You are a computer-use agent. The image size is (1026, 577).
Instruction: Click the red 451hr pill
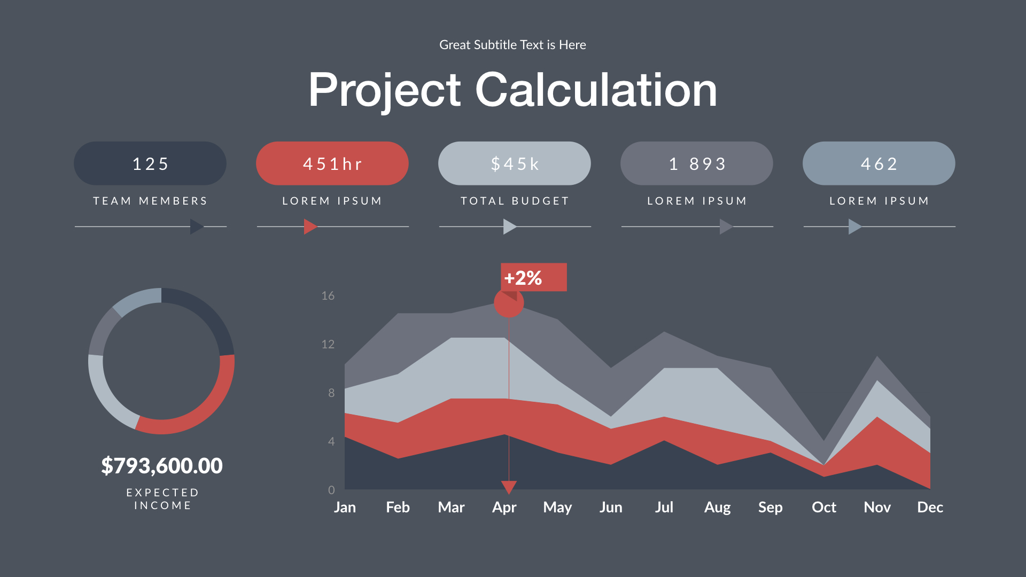pyautogui.click(x=332, y=163)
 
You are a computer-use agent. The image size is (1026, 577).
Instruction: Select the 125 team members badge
pyautogui.click(x=150, y=163)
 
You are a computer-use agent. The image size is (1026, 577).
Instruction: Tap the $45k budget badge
pyautogui.click(x=514, y=163)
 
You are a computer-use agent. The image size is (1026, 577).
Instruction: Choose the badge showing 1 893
pyautogui.click(x=696, y=163)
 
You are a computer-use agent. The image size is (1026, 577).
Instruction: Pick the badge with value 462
pyautogui.click(x=879, y=163)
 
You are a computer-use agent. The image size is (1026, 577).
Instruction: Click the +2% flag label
pyautogui.click(x=533, y=277)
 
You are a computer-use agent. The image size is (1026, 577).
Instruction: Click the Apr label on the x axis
pyautogui.click(x=504, y=507)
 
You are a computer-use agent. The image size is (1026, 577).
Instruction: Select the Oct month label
pyautogui.click(x=823, y=507)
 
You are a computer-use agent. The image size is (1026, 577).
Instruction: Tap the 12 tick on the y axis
pyautogui.click(x=328, y=344)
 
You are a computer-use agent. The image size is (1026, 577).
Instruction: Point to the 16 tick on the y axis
pyautogui.click(x=328, y=295)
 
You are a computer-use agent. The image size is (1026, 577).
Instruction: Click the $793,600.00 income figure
pyautogui.click(x=162, y=466)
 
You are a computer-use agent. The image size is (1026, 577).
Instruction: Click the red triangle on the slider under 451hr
pyautogui.click(x=310, y=227)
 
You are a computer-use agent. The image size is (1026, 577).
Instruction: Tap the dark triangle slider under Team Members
pyautogui.click(x=196, y=227)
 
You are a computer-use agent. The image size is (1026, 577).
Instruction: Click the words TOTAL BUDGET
pyautogui.click(x=515, y=201)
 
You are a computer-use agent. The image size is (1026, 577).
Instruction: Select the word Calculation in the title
pyautogui.click(x=596, y=90)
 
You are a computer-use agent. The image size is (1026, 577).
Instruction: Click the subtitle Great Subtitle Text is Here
pyautogui.click(x=512, y=45)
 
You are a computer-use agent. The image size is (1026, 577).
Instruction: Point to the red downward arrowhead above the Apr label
pyautogui.click(x=509, y=486)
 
